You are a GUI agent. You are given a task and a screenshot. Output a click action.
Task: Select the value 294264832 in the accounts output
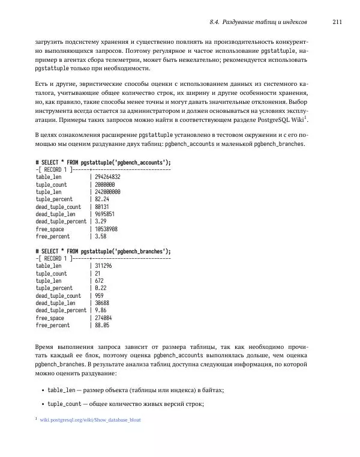click(108, 177)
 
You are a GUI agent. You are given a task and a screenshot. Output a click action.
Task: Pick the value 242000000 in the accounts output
click(108, 192)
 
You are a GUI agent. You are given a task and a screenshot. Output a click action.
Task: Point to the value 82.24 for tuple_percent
click(103, 199)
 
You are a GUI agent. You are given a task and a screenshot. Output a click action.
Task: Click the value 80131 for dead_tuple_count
click(103, 207)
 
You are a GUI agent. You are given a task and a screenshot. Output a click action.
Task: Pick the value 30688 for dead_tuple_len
click(103, 303)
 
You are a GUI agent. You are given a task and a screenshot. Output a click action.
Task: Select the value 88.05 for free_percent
click(103, 325)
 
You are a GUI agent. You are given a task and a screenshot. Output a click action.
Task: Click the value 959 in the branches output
click(100, 295)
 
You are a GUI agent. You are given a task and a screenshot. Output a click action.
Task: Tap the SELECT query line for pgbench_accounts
click(103, 162)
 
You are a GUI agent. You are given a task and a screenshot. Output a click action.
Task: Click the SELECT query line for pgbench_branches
click(103, 251)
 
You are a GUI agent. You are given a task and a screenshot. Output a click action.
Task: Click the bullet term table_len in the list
click(61, 390)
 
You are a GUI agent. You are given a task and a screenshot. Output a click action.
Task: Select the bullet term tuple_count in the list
click(64, 404)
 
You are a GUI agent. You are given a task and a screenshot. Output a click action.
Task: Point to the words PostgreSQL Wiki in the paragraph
click(280, 120)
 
